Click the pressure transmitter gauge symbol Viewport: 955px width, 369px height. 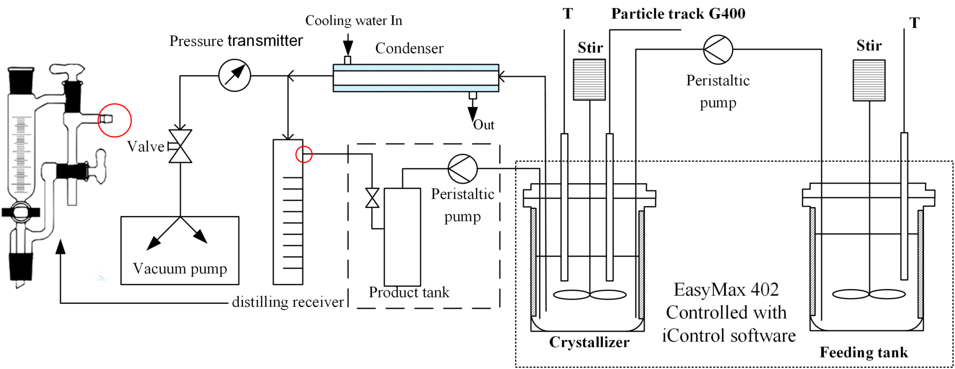(235, 76)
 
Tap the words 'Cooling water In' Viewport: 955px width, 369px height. (353, 20)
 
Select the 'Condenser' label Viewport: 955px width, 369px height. (409, 49)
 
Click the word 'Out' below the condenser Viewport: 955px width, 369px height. (484, 125)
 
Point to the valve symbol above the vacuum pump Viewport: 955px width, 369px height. (180, 146)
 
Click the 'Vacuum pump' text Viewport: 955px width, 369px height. (180, 268)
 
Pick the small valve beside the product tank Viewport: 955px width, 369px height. (372, 198)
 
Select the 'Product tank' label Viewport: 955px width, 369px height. (409, 292)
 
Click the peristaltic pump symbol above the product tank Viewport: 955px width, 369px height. (462, 169)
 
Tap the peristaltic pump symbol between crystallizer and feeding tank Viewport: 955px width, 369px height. (718, 50)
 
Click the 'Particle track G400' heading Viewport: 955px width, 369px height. (678, 14)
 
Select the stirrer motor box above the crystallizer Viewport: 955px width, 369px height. (589, 79)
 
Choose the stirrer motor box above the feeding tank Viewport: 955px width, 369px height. (869, 80)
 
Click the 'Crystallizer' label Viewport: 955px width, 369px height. (589, 342)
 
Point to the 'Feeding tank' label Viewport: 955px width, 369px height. (864, 353)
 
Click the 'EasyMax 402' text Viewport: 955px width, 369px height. (726, 290)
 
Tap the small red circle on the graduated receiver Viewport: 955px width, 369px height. (304, 154)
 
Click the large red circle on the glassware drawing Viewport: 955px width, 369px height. (114, 120)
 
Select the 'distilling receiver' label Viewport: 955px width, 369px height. (288, 302)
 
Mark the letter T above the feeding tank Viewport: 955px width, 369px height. (914, 23)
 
